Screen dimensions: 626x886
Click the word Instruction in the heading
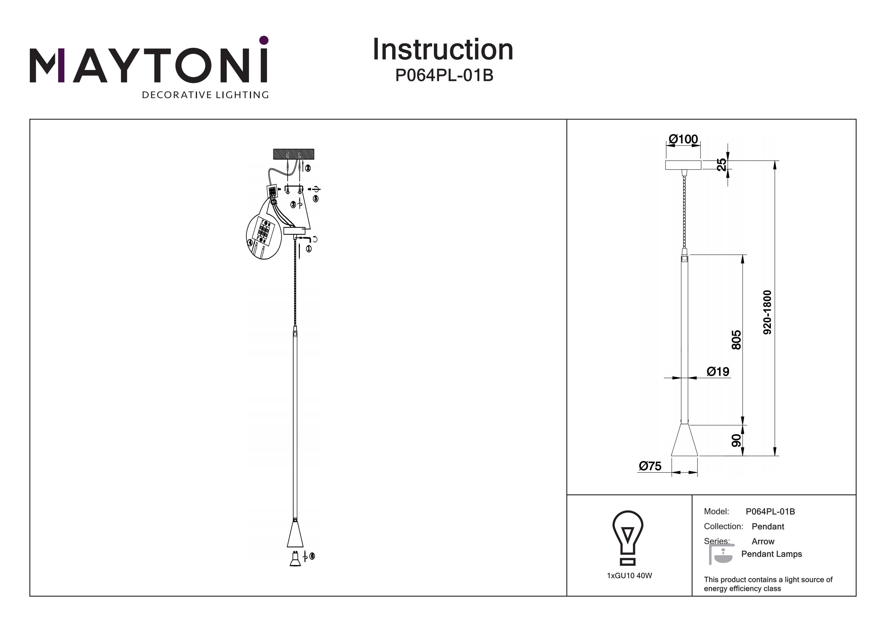[x=443, y=50]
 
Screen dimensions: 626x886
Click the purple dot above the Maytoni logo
[x=264, y=40]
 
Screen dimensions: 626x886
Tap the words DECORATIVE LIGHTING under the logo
[x=205, y=95]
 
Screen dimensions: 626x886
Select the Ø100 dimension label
[x=683, y=139]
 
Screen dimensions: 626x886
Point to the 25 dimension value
[x=721, y=165]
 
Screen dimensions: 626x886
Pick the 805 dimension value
[x=736, y=339]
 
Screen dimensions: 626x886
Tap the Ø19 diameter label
[x=718, y=371]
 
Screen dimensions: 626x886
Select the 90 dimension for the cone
[x=736, y=440]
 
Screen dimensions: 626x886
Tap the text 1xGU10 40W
[x=629, y=576]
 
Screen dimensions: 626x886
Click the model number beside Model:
[x=770, y=511]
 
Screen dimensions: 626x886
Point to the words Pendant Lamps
[x=771, y=554]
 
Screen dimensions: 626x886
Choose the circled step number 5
[x=316, y=199]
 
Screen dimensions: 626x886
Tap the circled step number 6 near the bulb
[x=312, y=556]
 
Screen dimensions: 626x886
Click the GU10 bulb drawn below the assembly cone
[x=295, y=560]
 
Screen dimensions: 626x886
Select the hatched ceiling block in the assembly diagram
[x=294, y=154]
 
